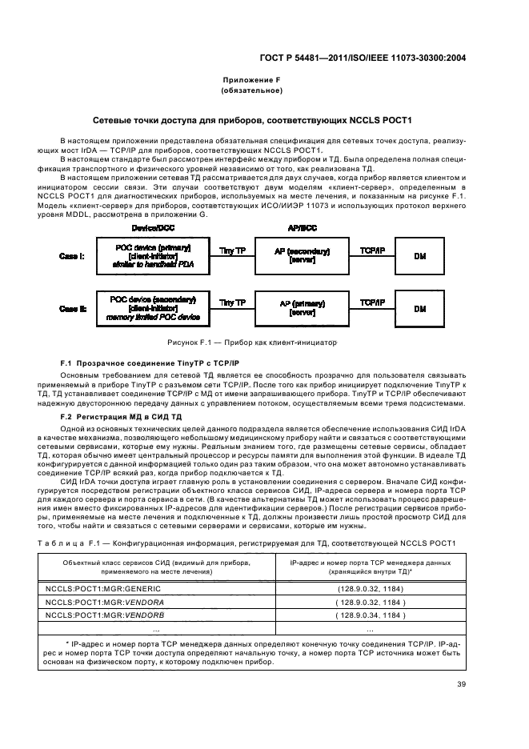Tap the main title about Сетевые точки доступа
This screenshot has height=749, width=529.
tap(264, 120)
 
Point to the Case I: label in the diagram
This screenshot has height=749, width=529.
tap(73, 256)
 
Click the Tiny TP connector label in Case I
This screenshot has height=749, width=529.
tap(232, 250)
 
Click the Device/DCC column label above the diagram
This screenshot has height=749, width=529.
tap(151, 227)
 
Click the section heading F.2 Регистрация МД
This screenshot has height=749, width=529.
tap(122, 417)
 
